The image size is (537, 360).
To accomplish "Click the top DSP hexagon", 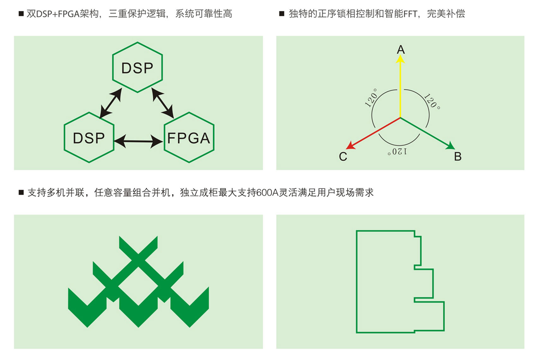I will coord(137,68).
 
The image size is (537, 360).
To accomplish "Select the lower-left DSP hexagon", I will coord(89,137).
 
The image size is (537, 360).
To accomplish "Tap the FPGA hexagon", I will coord(188,137).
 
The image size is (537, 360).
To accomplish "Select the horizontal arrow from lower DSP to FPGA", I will coord(139,141).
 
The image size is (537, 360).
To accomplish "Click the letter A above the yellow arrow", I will coord(401,49).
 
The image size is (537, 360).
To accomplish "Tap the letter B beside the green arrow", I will coord(457,156).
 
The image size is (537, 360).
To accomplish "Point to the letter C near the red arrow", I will coord(343,157).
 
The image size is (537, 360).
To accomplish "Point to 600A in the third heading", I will coord(267,193).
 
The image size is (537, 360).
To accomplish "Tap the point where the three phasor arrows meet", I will coord(400,118).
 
